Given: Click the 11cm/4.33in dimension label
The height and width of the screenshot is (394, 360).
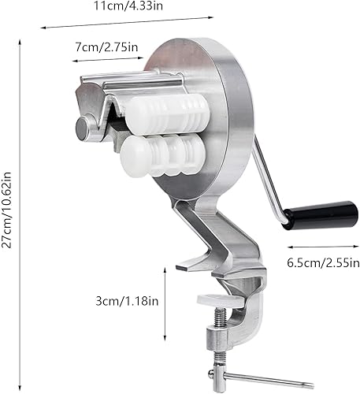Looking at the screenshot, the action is click(128, 6).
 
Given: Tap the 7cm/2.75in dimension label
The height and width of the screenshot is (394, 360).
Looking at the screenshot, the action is click(106, 47).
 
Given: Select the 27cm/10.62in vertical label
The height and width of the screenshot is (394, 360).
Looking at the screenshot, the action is click(6, 210).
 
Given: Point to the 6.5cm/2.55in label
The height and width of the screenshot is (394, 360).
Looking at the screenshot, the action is click(323, 262).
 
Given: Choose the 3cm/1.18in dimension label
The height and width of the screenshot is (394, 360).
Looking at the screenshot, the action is click(127, 301).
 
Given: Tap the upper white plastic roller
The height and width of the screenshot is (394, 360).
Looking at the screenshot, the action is click(167, 114).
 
